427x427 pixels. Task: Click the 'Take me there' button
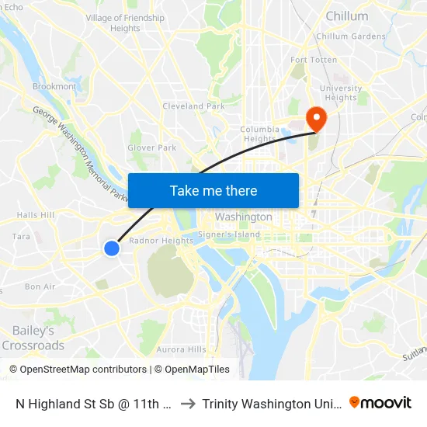(x=213, y=190)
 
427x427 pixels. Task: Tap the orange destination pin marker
(x=317, y=117)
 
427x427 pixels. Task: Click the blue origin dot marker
(x=112, y=248)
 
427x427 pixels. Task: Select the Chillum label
(x=347, y=16)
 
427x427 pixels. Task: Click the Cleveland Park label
(x=193, y=106)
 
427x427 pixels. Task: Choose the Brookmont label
(x=54, y=87)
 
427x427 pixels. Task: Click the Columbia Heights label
(x=259, y=134)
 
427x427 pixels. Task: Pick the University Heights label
(x=341, y=93)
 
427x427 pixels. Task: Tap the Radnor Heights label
(x=161, y=241)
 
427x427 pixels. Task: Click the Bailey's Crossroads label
(x=33, y=338)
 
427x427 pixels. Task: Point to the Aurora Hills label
(x=181, y=349)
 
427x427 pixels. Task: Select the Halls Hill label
(x=36, y=215)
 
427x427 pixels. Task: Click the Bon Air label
(x=40, y=286)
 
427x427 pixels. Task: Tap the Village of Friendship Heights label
(x=125, y=23)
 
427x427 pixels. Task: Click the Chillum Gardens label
(x=351, y=36)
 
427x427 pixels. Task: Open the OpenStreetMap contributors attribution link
(x=83, y=370)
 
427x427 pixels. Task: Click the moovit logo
(x=380, y=402)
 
